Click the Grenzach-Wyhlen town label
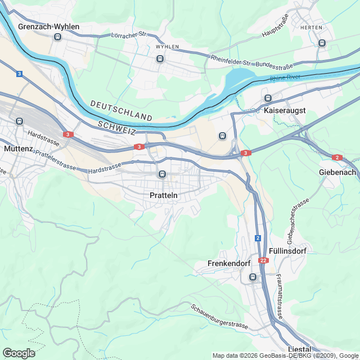click(48, 26)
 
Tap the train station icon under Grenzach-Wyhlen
click(57, 37)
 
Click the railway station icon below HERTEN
click(322, 43)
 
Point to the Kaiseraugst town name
click(284, 111)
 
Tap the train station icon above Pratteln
click(162, 174)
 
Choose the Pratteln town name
click(164, 195)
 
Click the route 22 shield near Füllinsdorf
click(264, 260)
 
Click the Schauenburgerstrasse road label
click(219, 317)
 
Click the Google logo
click(19, 353)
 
